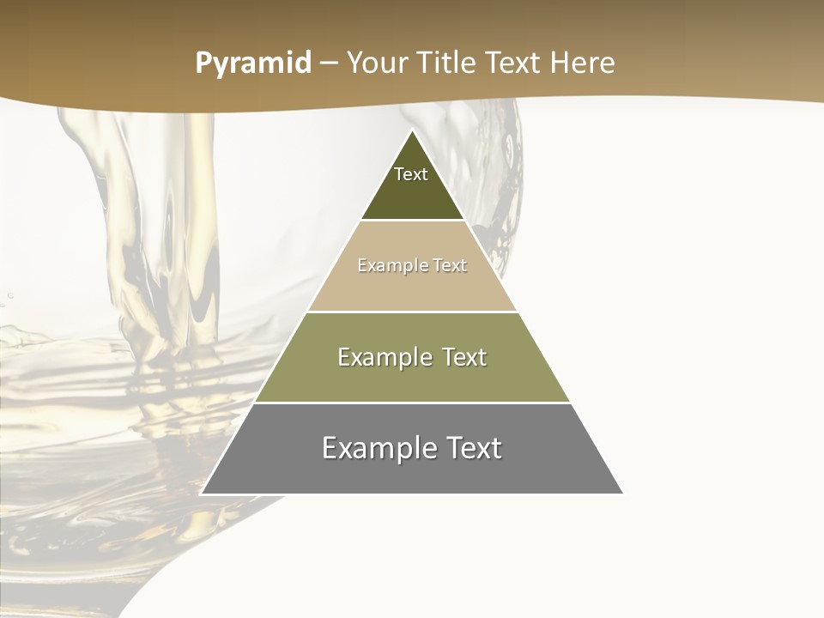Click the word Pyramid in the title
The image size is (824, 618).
coord(252,64)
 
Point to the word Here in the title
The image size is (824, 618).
coord(583,64)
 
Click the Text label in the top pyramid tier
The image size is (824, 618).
coord(411,174)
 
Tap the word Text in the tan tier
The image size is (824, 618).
coord(450,265)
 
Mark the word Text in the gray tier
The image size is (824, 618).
coord(472,448)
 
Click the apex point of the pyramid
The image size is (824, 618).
coord(412,131)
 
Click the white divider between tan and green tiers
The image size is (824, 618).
coord(412,312)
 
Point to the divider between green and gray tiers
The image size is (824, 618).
coord(412,403)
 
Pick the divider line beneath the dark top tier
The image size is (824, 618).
coord(412,221)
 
